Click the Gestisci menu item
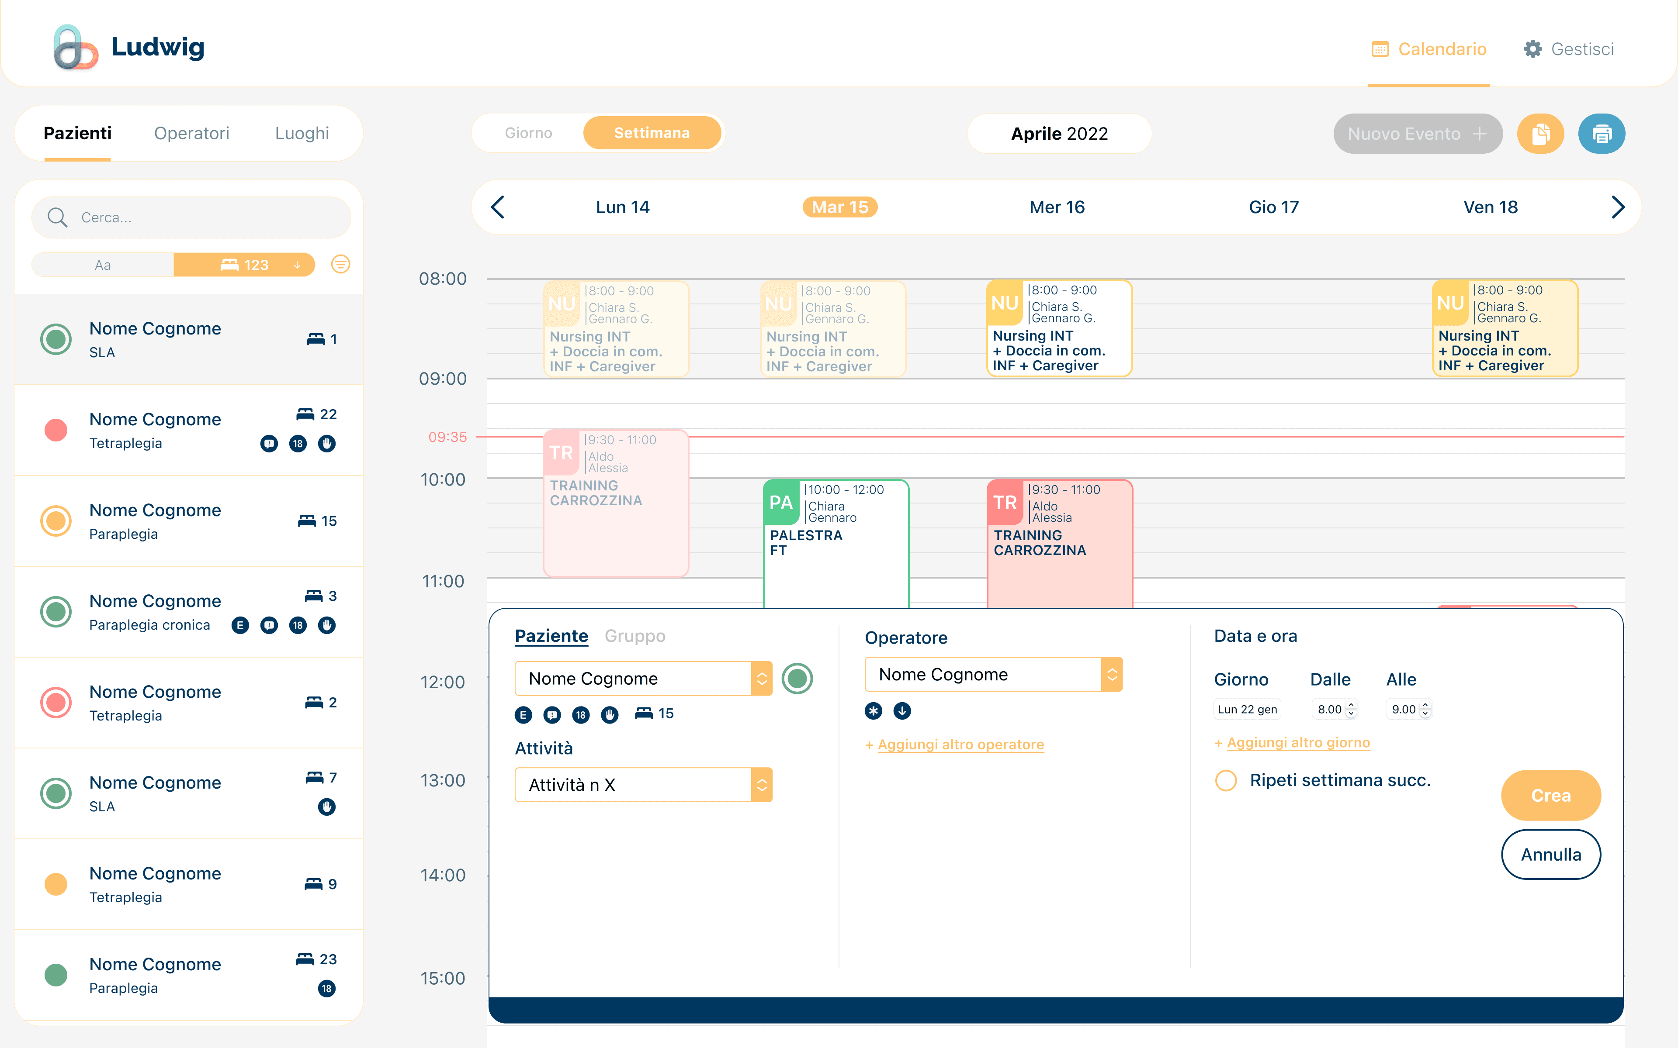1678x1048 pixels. click(x=1568, y=49)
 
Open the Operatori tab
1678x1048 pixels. click(x=191, y=133)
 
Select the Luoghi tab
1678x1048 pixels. click(x=302, y=133)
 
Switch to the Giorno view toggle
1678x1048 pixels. click(x=528, y=133)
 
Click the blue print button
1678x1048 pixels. click(x=1601, y=134)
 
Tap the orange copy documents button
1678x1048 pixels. click(x=1540, y=134)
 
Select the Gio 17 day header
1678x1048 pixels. click(x=1274, y=207)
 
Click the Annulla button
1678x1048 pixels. click(x=1551, y=855)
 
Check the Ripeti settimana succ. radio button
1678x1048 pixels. click(x=1226, y=780)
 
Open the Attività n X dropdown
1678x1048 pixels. click(x=644, y=785)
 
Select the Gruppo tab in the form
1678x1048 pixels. click(x=634, y=636)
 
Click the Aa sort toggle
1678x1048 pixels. click(x=103, y=265)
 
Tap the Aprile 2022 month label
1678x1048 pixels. click(x=1060, y=134)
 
